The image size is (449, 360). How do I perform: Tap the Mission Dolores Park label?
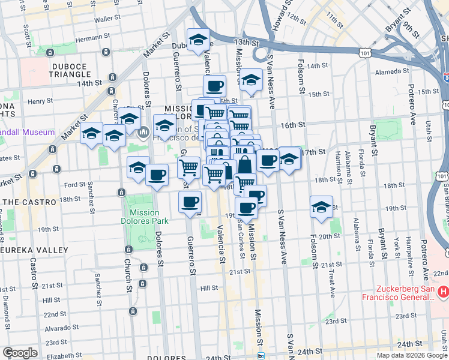144,217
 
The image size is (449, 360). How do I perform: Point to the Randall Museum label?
27,132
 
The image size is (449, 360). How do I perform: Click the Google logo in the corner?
20,353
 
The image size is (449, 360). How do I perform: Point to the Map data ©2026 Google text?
412,355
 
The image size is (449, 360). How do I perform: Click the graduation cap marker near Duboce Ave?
198,40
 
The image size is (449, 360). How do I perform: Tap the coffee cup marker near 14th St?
214,86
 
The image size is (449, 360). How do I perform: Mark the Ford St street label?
74,185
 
